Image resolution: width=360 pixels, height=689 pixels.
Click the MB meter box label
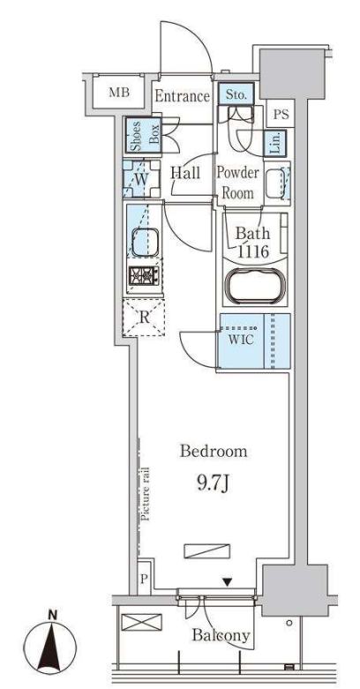[120, 94]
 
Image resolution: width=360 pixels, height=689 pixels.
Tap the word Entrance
[182, 96]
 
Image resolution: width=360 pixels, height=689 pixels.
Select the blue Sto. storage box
[236, 94]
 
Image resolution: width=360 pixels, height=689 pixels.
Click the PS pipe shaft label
[281, 115]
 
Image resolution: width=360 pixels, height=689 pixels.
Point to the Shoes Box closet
[143, 134]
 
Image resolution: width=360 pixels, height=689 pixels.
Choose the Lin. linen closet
[275, 143]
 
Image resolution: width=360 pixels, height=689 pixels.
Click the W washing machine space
[141, 179]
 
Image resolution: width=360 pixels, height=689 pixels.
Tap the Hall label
[185, 173]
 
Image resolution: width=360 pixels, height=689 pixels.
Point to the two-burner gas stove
[144, 276]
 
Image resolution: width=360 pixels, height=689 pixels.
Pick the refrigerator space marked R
[144, 318]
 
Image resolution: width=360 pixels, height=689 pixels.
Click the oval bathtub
[256, 288]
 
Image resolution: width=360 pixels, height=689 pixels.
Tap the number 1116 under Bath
[252, 251]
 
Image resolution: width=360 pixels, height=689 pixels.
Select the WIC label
[241, 340]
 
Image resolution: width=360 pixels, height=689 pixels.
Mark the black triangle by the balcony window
[227, 582]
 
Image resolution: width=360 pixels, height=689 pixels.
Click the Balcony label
[221, 635]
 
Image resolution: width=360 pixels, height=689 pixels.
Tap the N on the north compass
[53, 615]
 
